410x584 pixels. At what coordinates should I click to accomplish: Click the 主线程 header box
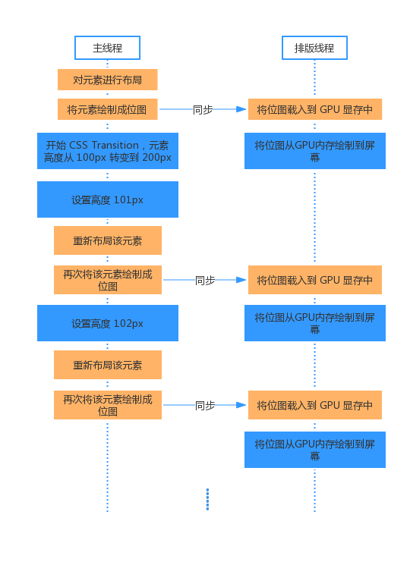point(107,48)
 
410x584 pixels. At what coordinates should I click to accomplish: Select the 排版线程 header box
point(314,48)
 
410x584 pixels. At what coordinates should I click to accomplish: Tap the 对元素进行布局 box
point(107,80)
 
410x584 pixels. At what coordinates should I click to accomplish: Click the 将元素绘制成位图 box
point(107,109)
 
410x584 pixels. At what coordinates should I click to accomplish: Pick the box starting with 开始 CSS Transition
point(108,151)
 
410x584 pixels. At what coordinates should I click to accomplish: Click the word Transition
point(115,145)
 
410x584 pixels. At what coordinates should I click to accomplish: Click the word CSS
point(78,145)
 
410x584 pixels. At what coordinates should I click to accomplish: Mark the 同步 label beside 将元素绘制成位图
point(203,109)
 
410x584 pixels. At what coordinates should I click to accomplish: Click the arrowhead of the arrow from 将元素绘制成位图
point(241,109)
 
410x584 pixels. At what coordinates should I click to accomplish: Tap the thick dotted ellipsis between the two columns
point(207,500)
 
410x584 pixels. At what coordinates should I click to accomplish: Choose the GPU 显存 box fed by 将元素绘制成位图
point(315,109)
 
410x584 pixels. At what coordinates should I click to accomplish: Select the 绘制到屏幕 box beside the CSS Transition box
point(315,151)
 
